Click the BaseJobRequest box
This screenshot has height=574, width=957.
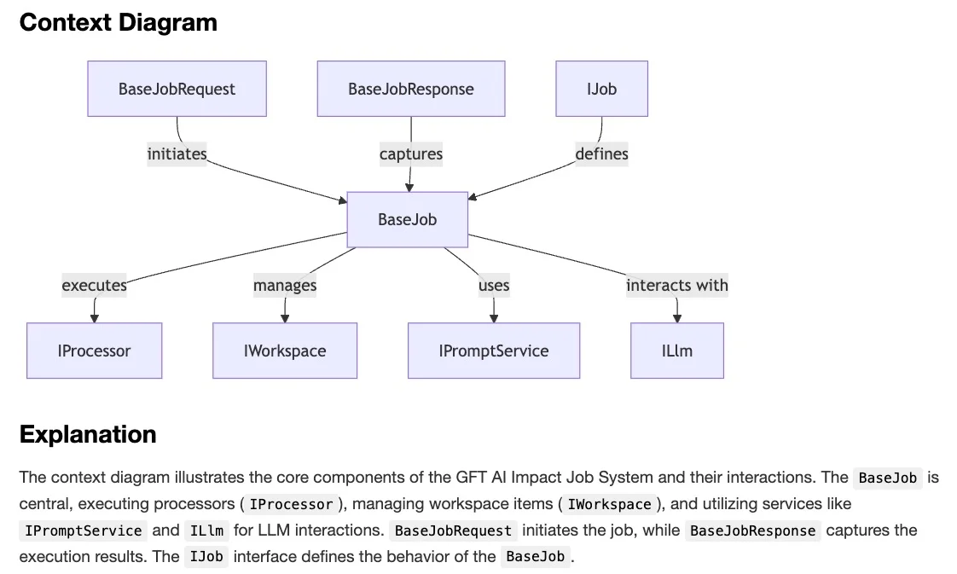177,89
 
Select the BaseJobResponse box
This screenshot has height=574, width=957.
410,89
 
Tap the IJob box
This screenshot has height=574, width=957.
601,89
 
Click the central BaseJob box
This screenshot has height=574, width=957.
407,219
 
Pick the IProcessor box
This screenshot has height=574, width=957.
94,351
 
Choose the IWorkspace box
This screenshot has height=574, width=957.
284,351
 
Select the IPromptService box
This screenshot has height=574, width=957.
493,351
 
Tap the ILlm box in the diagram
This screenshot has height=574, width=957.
676,351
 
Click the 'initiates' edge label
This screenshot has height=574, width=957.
177,154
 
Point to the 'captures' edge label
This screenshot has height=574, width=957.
410,154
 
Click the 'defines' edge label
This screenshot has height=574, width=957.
601,154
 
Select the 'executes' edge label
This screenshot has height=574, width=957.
94,285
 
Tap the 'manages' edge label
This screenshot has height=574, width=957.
284,285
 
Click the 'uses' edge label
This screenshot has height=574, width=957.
493,285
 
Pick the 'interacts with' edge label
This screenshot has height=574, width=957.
676,285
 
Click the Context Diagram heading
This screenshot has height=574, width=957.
118,22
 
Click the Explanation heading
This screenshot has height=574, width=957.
87,434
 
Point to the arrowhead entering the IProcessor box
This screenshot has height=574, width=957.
94,318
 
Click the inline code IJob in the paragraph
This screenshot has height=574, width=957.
206,557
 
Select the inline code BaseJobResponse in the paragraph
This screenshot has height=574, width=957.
752,531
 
